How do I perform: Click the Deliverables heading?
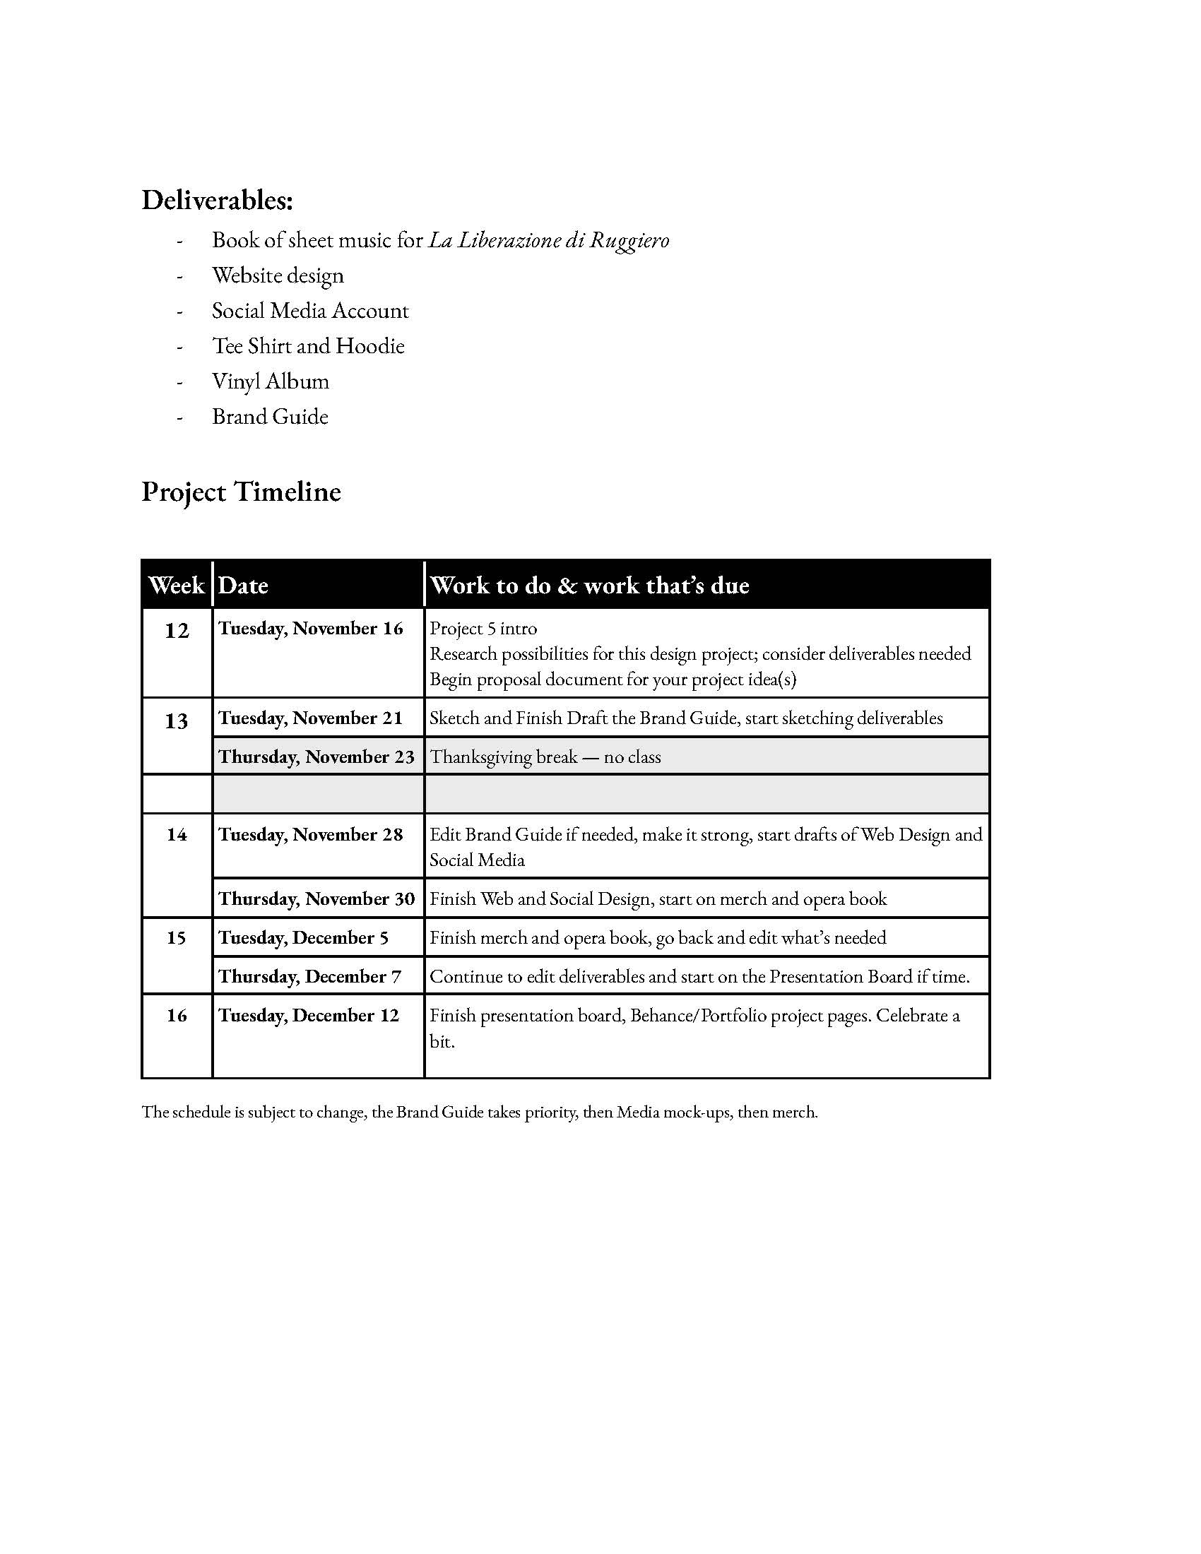(217, 201)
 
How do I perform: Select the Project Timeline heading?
(241, 492)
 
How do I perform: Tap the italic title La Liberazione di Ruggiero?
(548, 240)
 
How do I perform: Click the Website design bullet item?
(278, 275)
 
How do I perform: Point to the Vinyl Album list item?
(271, 381)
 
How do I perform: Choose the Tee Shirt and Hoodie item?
(308, 347)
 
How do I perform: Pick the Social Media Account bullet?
(310, 311)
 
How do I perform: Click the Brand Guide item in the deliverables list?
(271, 417)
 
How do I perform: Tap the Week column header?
(177, 586)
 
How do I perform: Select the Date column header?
(243, 586)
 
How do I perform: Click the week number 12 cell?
(177, 630)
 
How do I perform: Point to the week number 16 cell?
(177, 1015)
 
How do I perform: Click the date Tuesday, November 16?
(310, 628)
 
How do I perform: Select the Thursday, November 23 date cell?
(316, 757)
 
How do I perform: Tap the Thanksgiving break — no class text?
(545, 757)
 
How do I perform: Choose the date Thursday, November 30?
(316, 899)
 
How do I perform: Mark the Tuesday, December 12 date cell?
(309, 1015)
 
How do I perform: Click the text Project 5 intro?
(483, 628)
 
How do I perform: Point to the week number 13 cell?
(177, 721)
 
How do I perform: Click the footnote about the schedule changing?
(480, 1112)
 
